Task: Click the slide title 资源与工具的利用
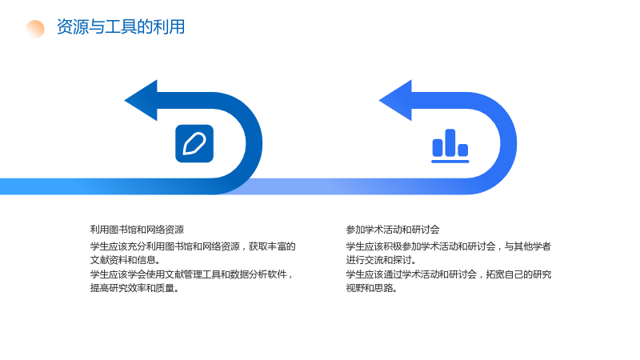tap(121, 27)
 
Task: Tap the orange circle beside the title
tap(35, 29)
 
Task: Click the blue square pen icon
tap(194, 143)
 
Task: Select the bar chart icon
tap(450, 146)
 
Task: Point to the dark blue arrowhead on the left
tap(142, 101)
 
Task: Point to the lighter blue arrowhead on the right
tap(396, 101)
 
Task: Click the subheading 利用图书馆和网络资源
tap(137, 230)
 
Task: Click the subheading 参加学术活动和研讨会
tap(393, 230)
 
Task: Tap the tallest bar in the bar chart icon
tap(450, 142)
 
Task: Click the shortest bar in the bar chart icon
tap(463, 150)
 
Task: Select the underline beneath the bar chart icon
tap(450, 162)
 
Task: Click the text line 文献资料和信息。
tap(126, 260)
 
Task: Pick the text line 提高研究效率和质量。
tap(134, 288)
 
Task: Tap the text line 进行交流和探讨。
tap(382, 260)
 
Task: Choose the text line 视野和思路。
tap(372, 288)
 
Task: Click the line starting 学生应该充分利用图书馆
tap(193, 246)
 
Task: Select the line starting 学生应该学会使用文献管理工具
tap(191, 274)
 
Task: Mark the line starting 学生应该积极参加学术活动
tap(449, 246)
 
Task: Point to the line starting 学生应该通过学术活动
tap(449, 274)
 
